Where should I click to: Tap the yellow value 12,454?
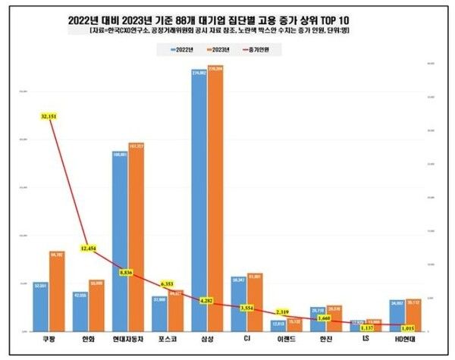coord(89,249)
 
